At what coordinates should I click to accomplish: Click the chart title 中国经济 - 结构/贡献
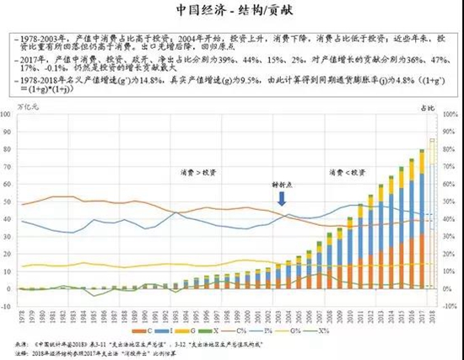tap(232, 11)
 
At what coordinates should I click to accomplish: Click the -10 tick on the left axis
tap(8, 304)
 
